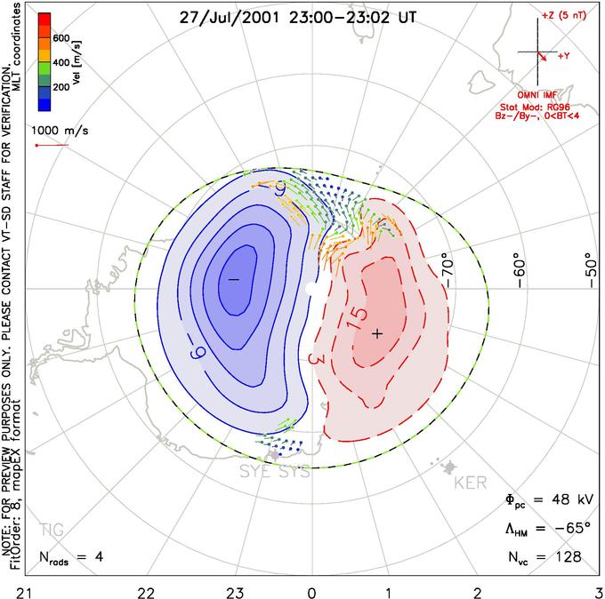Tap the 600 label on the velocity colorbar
[60, 38]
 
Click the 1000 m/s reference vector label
[63, 129]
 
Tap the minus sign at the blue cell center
[234, 279]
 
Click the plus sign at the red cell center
[377, 333]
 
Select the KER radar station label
[471, 483]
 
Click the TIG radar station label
[52, 530]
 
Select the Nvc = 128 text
[545, 556]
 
